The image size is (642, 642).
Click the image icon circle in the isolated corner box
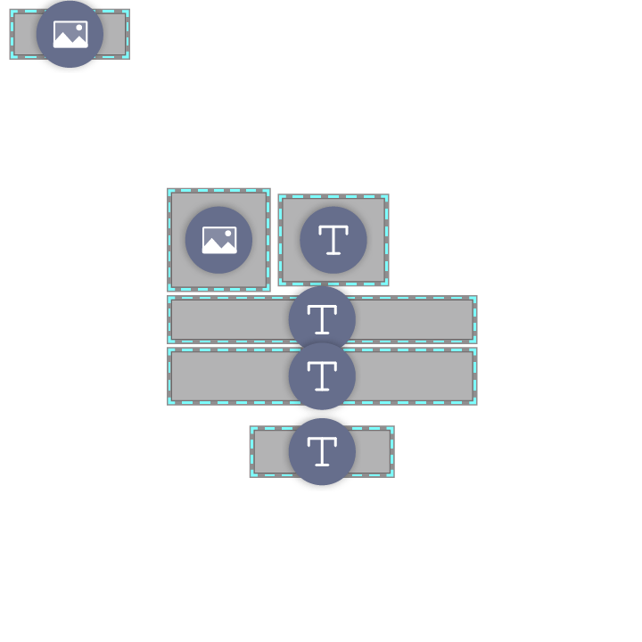(x=70, y=34)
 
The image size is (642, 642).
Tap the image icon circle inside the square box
(x=218, y=240)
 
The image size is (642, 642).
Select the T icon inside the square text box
(x=333, y=240)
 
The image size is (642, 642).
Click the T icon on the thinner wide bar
(x=322, y=319)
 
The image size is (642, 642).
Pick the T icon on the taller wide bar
(x=322, y=376)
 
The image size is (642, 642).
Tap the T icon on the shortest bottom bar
(x=322, y=451)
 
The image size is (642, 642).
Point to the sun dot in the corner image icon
(x=79, y=28)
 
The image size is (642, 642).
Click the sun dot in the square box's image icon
(x=228, y=234)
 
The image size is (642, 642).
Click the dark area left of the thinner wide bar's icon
(x=227, y=319)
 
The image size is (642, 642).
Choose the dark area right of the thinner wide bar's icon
(x=415, y=319)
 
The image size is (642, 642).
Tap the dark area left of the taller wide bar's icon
(x=227, y=376)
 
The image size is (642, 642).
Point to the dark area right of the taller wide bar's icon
(x=415, y=376)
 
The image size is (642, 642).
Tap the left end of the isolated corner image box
(x=22, y=34)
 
